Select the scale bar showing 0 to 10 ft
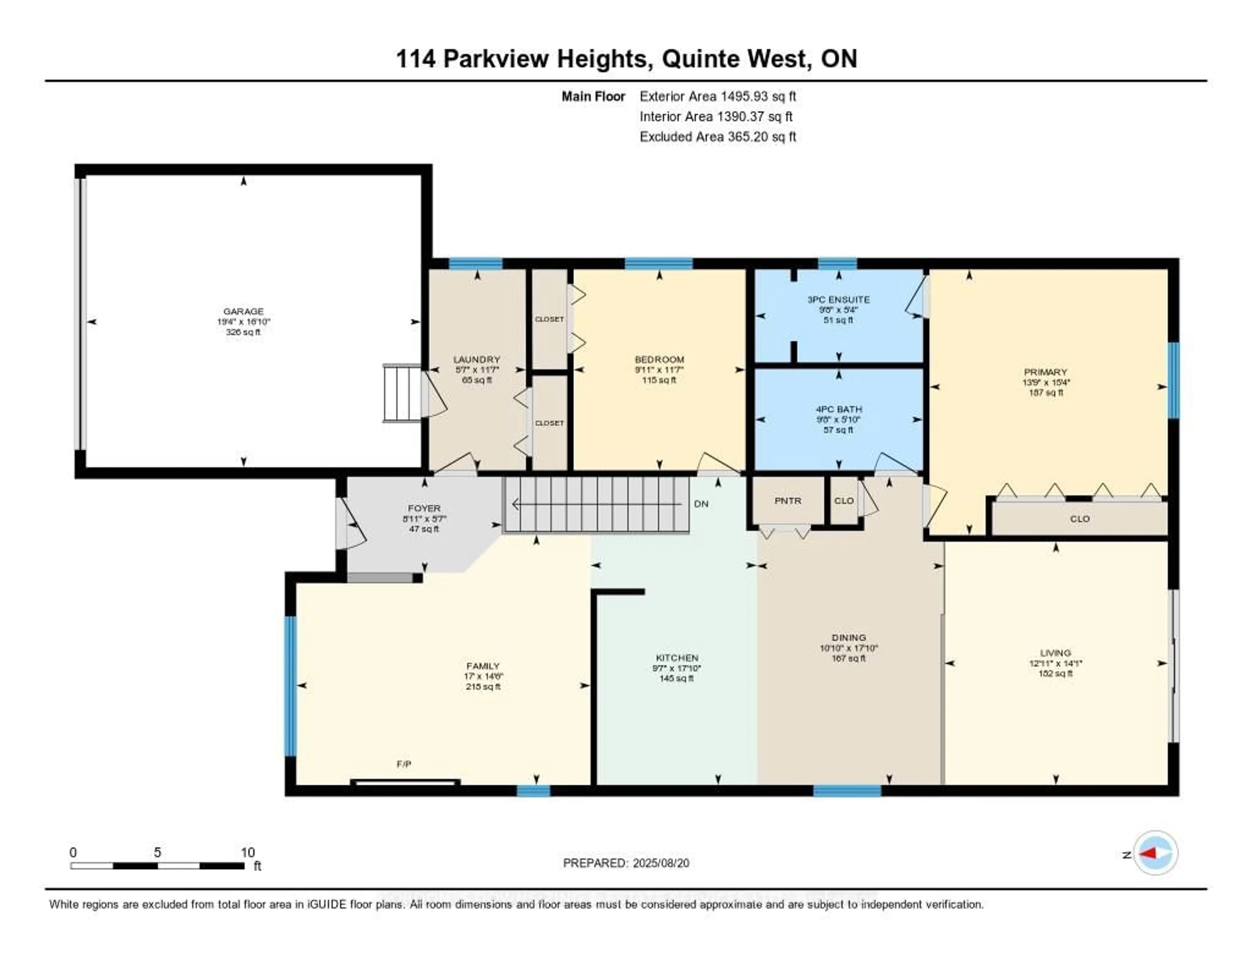(158, 866)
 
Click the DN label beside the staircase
(701, 504)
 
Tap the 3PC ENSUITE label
(838, 299)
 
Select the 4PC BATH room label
(839, 409)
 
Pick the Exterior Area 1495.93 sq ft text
(718, 96)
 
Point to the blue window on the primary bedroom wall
(1173, 380)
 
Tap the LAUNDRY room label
(476, 359)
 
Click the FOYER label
(424, 508)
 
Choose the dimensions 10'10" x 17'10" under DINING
(848, 648)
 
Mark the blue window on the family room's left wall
(291, 686)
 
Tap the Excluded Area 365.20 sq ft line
(718, 136)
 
